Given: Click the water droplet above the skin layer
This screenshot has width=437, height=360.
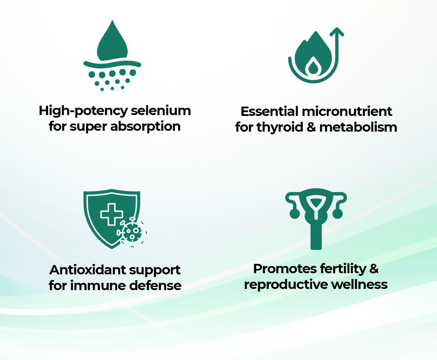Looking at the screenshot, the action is click(x=112, y=42).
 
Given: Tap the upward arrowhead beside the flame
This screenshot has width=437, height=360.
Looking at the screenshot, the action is click(x=337, y=32).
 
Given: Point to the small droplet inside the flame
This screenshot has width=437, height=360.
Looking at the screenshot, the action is click(x=313, y=67).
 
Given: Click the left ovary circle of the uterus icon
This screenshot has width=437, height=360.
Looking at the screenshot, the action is click(x=295, y=213).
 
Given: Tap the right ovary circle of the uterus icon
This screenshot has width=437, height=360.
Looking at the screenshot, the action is click(x=337, y=213).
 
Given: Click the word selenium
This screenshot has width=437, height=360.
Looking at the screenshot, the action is click(x=161, y=110).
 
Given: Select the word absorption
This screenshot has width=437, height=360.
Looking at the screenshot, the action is click(x=145, y=127).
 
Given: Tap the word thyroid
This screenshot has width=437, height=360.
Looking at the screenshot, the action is click(x=280, y=128).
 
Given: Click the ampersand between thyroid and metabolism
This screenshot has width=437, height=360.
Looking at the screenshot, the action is click(x=311, y=127).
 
